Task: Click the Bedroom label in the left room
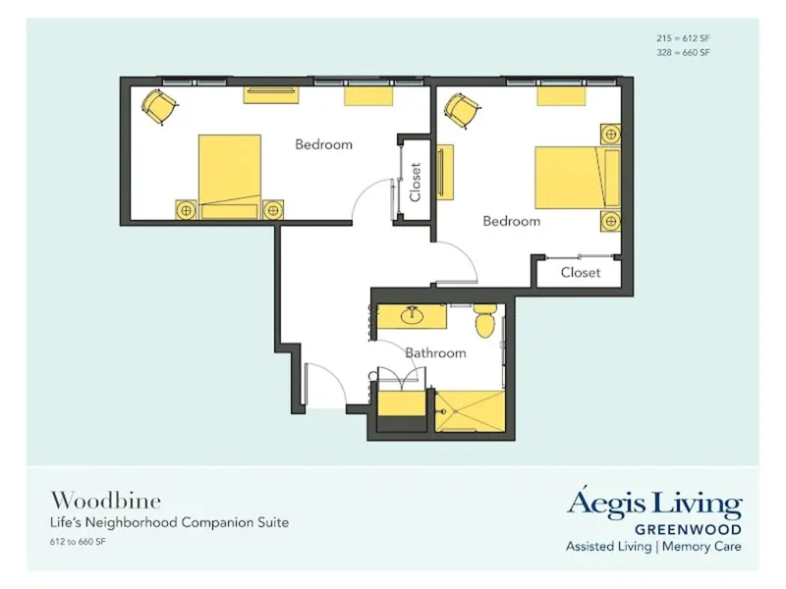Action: pos(323,144)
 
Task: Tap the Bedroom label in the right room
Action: pos(511,221)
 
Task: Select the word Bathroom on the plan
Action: pos(435,352)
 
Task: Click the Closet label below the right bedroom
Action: pos(580,272)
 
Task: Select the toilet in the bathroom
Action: pos(484,319)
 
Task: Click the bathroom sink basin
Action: pos(412,317)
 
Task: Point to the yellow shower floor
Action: pos(471,411)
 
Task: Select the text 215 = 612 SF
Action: pos(684,37)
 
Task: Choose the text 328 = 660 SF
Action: pos(684,53)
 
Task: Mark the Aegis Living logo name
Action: pos(654,504)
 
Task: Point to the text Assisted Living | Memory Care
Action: pos(653,546)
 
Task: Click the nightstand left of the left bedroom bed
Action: pos(186,208)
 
